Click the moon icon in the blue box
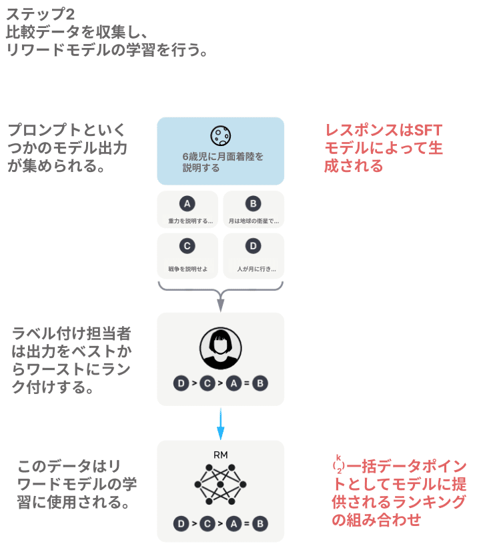tap(220, 135)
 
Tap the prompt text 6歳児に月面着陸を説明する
tap(221, 163)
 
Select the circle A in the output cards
tap(187, 204)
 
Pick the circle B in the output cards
tap(253, 204)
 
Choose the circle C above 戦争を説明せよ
tap(187, 246)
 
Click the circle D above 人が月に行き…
tap(253, 246)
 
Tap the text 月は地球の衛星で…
tap(254, 221)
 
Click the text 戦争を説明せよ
tap(187, 269)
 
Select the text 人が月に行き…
tap(254, 269)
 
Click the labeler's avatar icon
tap(220, 348)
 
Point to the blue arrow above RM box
tap(221, 424)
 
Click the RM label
tap(221, 455)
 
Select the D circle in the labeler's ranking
tap(181, 383)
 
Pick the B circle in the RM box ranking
tap(260, 523)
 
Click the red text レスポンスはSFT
tap(383, 130)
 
